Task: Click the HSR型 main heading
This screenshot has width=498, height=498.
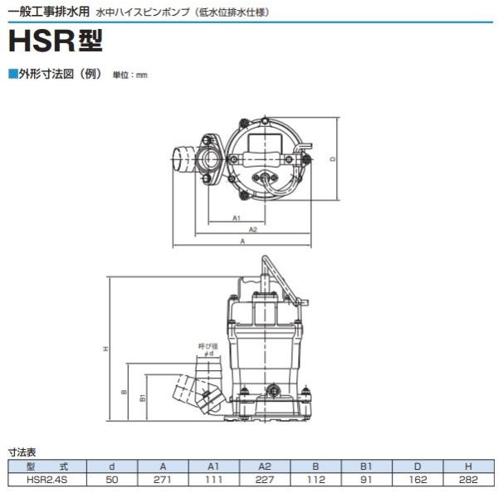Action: click(56, 41)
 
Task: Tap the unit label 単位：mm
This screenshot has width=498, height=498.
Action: click(130, 76)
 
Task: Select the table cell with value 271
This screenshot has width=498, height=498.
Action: click(163, 479)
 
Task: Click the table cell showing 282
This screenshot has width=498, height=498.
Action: click(468, 479)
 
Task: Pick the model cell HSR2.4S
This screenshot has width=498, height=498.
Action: click(47, 479)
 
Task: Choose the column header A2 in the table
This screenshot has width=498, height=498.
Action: click(265, 466)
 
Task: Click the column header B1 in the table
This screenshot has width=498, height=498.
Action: click(366, 466)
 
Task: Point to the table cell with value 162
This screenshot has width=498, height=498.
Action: click(417, 479)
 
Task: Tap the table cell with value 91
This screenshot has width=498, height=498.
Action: click(366, 479)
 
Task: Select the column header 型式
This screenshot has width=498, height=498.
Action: click(47, 466)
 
